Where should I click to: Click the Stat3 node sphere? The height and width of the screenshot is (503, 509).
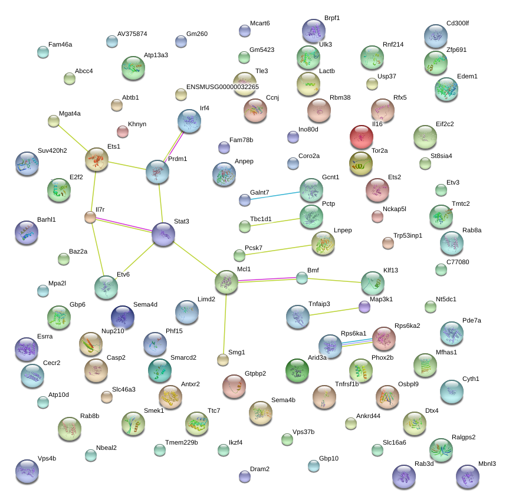(x=163, y=234)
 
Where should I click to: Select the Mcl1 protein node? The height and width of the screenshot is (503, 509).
(x=226, y=282)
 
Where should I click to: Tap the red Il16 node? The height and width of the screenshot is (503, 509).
(x=362, y=137)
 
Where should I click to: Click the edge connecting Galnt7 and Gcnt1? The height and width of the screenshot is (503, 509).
(x=275, y=195)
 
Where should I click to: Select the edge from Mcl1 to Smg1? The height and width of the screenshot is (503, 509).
(x=225, y=321)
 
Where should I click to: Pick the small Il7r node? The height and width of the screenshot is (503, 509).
(x=90, y=218)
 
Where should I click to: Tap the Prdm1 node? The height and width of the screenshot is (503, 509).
(x=157, y=172)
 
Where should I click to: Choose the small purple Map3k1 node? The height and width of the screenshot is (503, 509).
(x=364, y=307)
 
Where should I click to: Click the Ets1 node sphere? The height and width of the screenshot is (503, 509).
(x=97, y=159)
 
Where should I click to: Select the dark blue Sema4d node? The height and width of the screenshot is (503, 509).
(x=123, y=317)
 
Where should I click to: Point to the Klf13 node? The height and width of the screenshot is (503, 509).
(x=372, y=283)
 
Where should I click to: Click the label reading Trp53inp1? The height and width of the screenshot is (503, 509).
(x=408, y=235)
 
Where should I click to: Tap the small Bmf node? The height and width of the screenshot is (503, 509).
(x=302, y=277)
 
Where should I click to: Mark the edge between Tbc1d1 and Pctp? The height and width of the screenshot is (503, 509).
(x=274, y=222)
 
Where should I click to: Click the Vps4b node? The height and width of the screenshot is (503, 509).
(x=27, y=471)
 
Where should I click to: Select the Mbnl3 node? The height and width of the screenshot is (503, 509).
(x=467, y=476)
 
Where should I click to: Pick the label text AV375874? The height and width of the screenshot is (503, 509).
(x=132, y=34)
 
